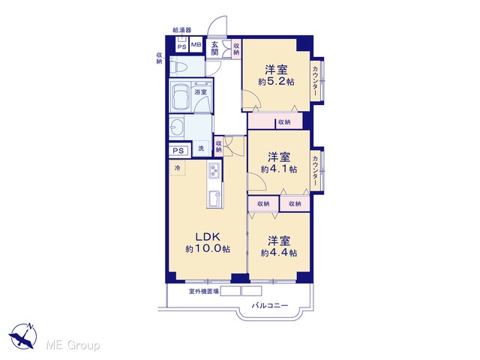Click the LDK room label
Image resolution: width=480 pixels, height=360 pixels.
click(x=208, y=236)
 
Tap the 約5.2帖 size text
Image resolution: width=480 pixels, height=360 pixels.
click(x=276, y=82)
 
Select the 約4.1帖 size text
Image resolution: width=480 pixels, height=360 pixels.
click(x=279, y=169)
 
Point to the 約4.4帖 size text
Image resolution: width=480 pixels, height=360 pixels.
click(x=279, y=253)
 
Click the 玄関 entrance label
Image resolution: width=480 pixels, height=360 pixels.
click(x=215, y=48)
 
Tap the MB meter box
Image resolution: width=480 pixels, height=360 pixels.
click(x=196, y=45)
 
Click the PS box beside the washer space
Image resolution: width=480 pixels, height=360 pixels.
click(x=178, y=151)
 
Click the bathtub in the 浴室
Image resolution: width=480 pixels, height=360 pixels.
click(x=181, y=97)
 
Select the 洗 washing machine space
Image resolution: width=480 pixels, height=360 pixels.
click(x=201, y=148)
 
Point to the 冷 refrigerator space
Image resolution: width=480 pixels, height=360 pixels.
click(x=177, y=168)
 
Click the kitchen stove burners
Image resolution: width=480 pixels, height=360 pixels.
click(x=214, y=170)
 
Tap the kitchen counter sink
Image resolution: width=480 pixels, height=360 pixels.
click(x=214, y=198)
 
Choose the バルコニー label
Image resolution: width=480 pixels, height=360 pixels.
click(x=270, y=305)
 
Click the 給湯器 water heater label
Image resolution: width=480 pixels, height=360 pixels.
click(x=182, y=30)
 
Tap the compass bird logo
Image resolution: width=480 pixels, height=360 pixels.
click(x=22, y=336)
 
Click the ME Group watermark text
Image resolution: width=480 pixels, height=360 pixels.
click(x=73, y=345)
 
